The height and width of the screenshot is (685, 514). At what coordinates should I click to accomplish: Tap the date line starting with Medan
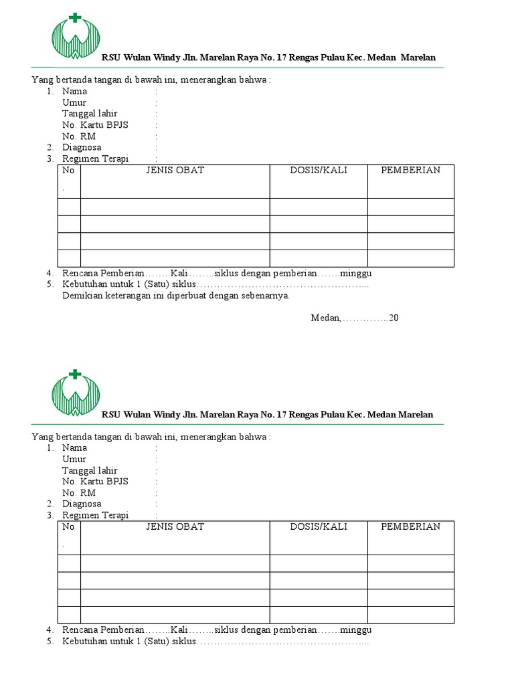355,318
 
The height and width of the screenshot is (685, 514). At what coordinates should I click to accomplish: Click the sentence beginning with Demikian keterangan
176,296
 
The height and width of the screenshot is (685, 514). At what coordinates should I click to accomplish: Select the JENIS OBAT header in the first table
175,171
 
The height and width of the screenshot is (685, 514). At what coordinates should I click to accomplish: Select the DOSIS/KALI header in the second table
319,527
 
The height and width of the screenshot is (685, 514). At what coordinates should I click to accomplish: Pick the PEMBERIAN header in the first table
410,171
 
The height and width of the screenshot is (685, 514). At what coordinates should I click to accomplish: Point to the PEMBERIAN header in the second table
410,527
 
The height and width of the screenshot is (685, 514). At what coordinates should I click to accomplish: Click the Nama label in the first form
74,92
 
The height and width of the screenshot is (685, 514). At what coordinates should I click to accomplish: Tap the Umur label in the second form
74,460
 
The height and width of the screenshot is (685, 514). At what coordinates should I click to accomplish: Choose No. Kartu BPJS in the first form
95,125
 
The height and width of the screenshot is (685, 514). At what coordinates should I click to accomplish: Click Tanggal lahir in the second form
90,471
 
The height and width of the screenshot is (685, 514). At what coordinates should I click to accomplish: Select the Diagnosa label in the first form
82,148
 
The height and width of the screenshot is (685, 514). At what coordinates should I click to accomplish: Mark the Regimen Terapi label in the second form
95,516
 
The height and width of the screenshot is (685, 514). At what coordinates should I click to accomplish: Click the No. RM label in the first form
79,136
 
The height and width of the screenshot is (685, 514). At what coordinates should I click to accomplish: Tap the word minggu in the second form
355,630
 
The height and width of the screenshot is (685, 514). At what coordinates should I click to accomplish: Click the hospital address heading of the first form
268,58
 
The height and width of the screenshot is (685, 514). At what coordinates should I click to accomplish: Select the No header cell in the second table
68,527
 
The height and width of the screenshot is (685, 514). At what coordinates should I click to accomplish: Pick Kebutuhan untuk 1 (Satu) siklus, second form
128,642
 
